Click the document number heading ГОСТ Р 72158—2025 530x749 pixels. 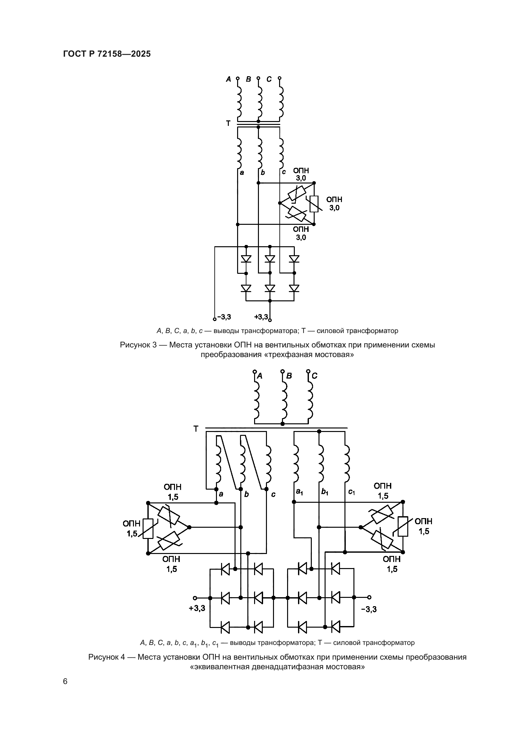107,54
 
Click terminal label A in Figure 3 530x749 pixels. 228,79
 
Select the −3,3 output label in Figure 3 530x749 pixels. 224,317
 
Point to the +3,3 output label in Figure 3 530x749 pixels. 261,317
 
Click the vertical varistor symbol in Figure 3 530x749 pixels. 314,204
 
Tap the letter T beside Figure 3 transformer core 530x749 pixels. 228,123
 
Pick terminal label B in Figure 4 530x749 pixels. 289,376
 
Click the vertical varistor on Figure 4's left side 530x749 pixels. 148,528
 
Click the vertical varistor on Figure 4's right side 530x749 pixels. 403,527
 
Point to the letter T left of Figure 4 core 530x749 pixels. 196,429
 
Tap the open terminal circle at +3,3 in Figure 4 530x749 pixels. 195,598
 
